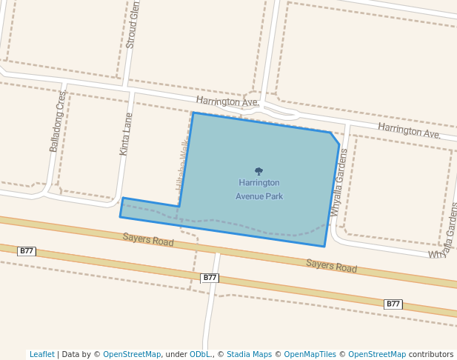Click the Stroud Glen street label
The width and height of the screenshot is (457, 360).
(x=133, y=24)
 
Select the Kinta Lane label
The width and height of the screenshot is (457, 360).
(x=127, y=133)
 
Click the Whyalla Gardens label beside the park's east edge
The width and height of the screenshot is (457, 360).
(x=338, y=182)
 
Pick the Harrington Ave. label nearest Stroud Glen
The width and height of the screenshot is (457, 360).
(x=227, y=101)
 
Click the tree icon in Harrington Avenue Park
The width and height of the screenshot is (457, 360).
(x=258, y=171)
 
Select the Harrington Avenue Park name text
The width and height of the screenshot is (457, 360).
(x=258, y=190)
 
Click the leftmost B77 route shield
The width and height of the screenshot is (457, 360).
(x=27, y=251)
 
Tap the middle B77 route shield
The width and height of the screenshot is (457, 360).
(x=210, y=278)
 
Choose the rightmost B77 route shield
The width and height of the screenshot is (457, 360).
(x=393, y=304)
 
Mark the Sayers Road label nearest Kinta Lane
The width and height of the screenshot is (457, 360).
(x=148, y=240)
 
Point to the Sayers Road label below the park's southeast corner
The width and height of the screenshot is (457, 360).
(x=331, y=266)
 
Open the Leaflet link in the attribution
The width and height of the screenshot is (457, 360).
(x=41, y=354)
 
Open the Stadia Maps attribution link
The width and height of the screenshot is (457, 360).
(x=249, y=354)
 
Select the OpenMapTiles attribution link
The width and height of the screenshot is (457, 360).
(x=310, y=354)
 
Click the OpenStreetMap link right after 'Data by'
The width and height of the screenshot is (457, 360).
(x=132, y=354)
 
